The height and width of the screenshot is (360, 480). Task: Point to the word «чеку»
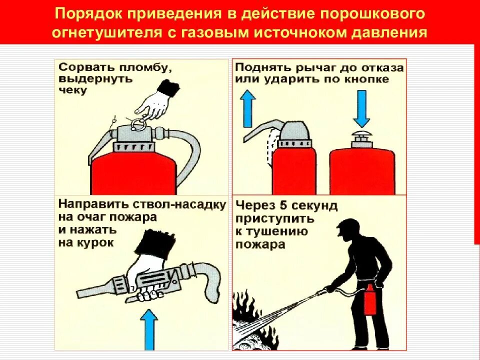pos(73,90)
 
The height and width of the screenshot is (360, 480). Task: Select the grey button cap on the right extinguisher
pos(361,138)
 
